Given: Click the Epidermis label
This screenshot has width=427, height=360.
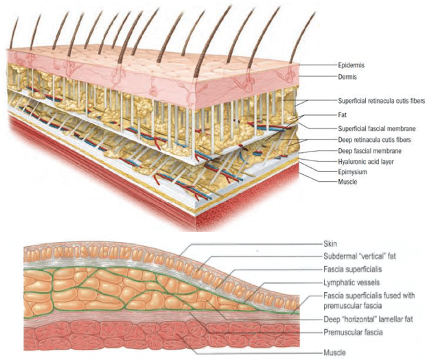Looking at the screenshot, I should click(x=352, y=65).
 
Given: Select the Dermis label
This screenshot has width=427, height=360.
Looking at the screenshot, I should click(x=349, y=77).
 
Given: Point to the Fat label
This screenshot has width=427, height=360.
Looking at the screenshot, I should click(x=343, y=116).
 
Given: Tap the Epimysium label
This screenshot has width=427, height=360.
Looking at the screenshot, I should click(x=353, y=172).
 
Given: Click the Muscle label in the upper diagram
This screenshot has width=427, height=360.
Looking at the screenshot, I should click(x=348, y=182).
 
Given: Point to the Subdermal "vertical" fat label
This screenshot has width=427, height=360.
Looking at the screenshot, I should click(x=357, y=256).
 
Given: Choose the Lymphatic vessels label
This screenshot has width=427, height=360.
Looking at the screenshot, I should click(x=351, y=282).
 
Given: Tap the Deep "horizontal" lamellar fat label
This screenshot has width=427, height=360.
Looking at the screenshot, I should click(x=365, y=320).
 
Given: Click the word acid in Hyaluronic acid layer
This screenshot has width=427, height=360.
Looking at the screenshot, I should click(x=371, y=162).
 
